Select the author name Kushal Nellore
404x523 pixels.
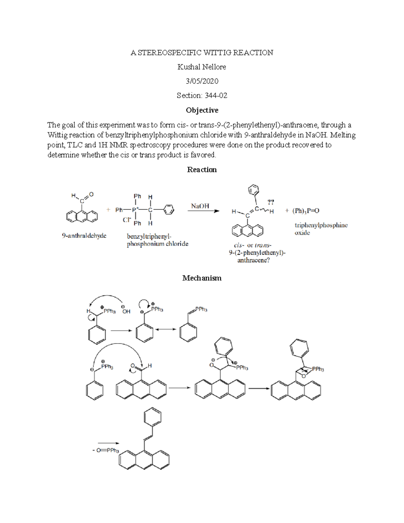tap(202, 67)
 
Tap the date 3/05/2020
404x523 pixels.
tap(202, 81)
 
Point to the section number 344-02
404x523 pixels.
tap(216, 96)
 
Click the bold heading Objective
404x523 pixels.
tap(202, 110)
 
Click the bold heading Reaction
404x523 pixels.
tap(202, 170)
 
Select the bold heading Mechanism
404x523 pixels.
tap(202, 278)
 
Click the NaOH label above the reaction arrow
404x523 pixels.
tap(200, 206)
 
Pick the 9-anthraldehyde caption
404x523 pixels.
tap(84, 236)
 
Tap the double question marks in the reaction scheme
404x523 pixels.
tap(271, 202)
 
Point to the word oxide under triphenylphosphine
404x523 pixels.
tap(302, 233)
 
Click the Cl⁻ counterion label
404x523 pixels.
tap(127, 220)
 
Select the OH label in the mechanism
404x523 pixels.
tap(126, 312)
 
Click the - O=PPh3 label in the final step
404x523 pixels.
tap(106, 450)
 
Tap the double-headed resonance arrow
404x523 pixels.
tap(165, 329)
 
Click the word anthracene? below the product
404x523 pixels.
tap(253, 260)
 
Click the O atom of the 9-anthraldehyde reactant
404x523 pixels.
tap(91, 195)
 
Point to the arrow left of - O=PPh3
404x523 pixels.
tap(108, 443)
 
